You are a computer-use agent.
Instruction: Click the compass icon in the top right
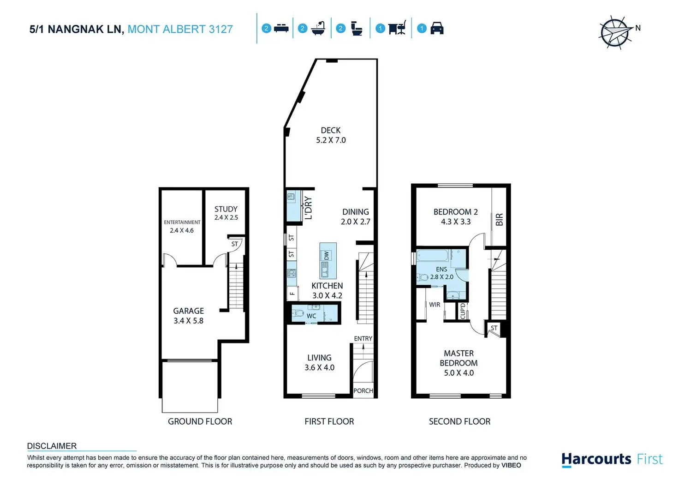click(x=615, y=33)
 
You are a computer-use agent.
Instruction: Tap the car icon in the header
click(x=436, y=29)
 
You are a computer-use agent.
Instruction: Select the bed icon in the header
click(x=281, y=29)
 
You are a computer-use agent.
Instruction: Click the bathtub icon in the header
click(x=318, y=29)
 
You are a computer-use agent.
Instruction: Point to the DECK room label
click(x=331, y=131)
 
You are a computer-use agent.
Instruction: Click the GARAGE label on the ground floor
click(x=188, y=311)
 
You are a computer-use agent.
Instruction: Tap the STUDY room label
click(x=226, y=209)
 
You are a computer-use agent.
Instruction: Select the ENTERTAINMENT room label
click(x=182, y=222)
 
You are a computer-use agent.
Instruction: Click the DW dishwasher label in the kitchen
click(x=327, y=255)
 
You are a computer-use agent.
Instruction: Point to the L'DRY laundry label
click(x=308, y=208)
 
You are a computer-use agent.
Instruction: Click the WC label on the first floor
click(x=311, y=316)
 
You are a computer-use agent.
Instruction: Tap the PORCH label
click(x=363, y=391)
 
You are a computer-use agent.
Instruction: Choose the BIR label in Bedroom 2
click(x=499, y=220)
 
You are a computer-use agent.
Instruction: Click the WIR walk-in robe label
click(x=435, y=305)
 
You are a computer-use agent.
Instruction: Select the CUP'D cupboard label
click(x=463, y=311)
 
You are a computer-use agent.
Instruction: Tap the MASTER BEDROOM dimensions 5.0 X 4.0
click(x=459, y=373)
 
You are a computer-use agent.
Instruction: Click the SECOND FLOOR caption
click(x=459, y=421)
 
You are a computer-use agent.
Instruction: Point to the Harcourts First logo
click(x=612, y=459)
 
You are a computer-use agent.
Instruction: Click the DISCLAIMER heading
click(x=52, y=446)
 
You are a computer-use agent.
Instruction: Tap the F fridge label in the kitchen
click(x=292, y=293)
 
